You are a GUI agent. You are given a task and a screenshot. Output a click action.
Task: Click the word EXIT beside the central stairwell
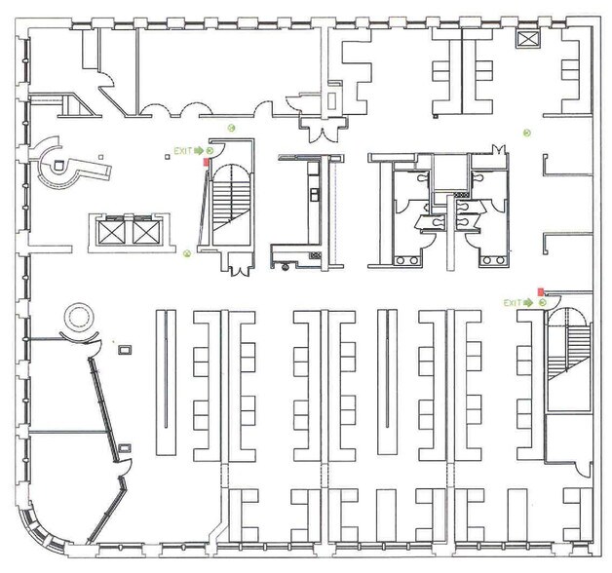click(183, 151)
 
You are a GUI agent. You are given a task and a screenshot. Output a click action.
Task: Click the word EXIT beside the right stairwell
click(513, 303)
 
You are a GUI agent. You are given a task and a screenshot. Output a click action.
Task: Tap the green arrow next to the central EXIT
click(199, 151)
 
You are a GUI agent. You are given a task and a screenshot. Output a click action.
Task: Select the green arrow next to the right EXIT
click(528, 303)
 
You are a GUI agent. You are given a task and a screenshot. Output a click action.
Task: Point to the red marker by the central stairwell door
click(206, 162)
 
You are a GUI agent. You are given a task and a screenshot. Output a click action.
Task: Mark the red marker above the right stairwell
click(541, 291)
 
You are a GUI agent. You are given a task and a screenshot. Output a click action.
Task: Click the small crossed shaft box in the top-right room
click(527, 39)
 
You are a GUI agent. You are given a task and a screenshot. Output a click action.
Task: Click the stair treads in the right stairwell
click(569, 350)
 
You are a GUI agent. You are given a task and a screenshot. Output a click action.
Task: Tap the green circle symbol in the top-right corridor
click(527, 134)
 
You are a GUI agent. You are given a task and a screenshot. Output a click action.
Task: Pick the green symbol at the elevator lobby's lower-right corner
click(187, 253)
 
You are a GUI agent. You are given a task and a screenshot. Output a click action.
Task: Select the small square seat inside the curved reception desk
click(58, 166)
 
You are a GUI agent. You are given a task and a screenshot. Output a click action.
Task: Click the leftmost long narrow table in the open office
click(166, 383)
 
